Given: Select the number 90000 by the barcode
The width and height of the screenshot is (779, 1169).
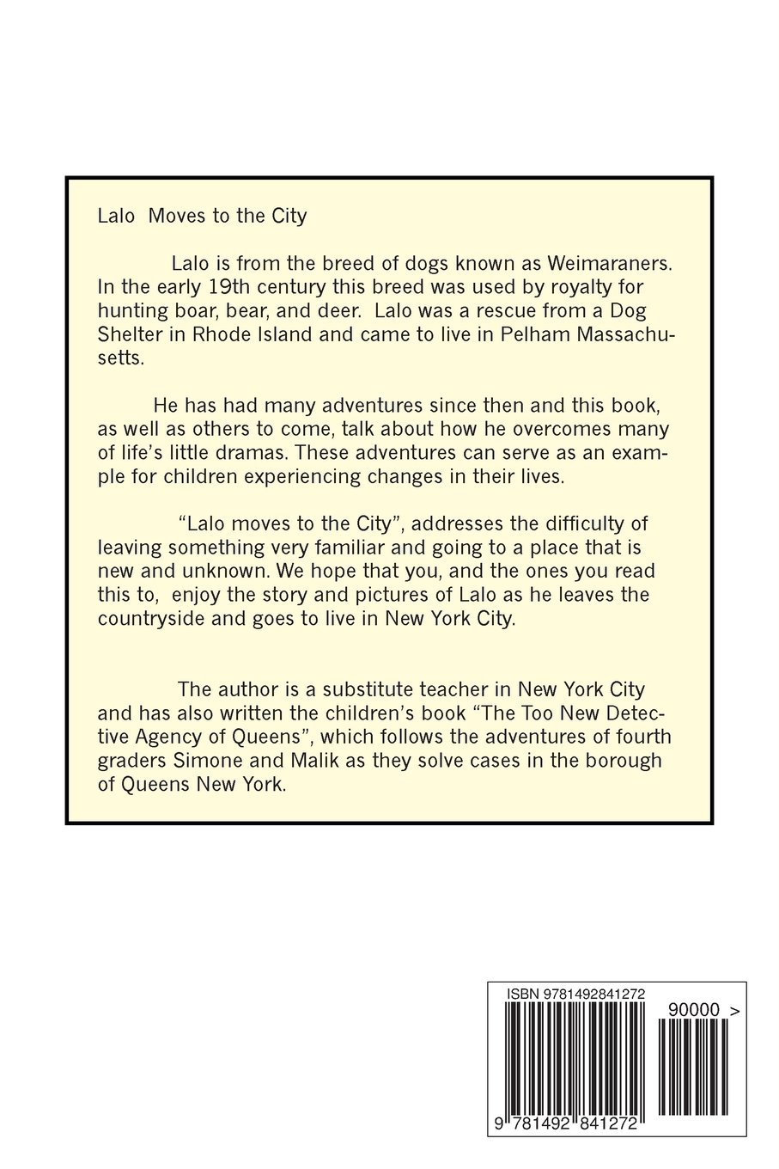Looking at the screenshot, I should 693,1011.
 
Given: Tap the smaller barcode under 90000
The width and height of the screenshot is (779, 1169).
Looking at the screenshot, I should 693,1066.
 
